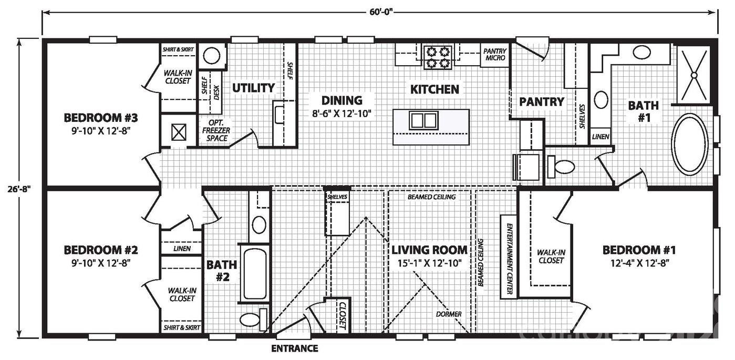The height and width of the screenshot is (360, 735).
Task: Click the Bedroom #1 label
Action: tap(639, 250)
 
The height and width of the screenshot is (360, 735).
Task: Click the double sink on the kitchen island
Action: tap(423, 120)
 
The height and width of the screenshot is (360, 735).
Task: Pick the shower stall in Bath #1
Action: tap(693, 75)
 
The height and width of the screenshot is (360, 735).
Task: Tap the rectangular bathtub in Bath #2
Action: tap(255, 273)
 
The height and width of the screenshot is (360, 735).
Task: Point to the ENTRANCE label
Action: tap(294, 348)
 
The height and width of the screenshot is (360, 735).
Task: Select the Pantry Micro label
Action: tap(495, 55)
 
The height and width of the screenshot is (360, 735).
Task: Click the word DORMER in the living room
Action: tap(449, 314)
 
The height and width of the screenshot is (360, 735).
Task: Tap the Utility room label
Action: tap(254, 88)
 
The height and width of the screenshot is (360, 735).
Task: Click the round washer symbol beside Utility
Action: tap(212, 55)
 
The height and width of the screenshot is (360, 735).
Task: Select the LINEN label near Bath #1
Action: tap(600, 137)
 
